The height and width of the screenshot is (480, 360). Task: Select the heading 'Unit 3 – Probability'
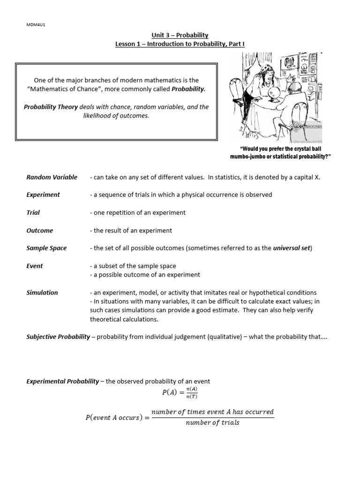(180, 35)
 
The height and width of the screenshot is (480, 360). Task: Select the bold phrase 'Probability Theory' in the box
(51, 107)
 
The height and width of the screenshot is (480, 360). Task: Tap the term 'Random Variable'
(52, 177)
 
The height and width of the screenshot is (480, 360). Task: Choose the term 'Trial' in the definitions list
(33, 212)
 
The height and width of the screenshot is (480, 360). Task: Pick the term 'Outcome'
(40, 230)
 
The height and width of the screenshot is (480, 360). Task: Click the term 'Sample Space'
(46, 248)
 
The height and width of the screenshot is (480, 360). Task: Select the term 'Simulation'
(42, 292)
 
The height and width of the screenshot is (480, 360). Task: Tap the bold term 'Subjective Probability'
(58, 337)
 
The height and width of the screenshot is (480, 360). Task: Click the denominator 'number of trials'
(212, 422)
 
